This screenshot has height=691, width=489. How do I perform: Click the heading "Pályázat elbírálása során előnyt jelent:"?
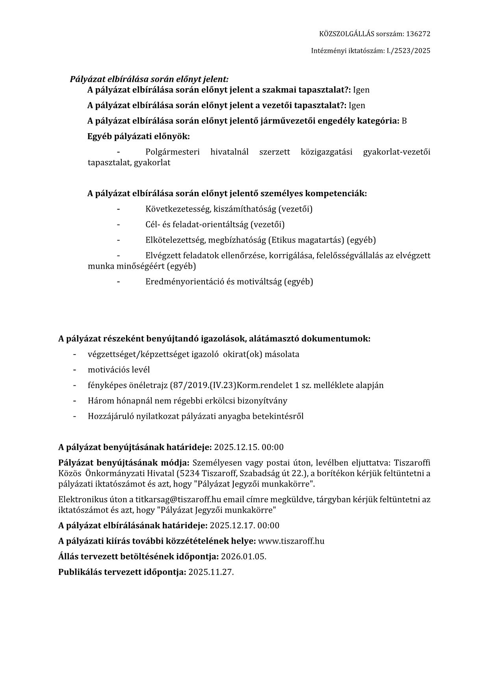[x=149, y=79]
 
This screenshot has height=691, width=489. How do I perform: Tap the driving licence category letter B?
[x=404, y=121]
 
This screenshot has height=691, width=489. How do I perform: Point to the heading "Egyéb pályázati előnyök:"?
[x=138, y=137]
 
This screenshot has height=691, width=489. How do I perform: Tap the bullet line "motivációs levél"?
[x=119, y=370]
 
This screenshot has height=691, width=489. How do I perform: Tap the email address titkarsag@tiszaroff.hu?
[x=178, y=500]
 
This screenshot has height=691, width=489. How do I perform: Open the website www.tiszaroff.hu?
[x=291, y=541]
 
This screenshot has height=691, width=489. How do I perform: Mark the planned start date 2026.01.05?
[x=244, y=556]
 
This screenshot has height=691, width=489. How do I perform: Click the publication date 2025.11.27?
[x=211, y=572]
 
